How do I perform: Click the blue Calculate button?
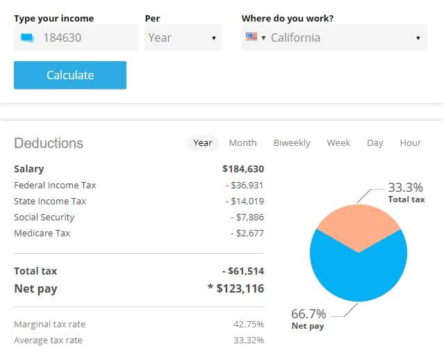pyautogui.click(x=69, y=75)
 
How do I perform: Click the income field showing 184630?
pyautogui.click(x=76, y=38)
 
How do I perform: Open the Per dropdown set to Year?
pyautogui.click(x=183, y=38)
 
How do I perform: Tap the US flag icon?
pyautogui.click(x=252, y=37)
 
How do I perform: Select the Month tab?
pyautogui.click(x=242, y=142)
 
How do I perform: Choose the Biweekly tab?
pyautogui.click(x=292, y=142)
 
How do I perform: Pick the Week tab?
pyautogui.click(x=338, y=142)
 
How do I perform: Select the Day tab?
pyautogui.click(x=375, y=142)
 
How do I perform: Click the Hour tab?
pyautogui.click(x=410, y=142)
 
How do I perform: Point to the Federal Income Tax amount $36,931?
pyautogui.click(x=245, y=185)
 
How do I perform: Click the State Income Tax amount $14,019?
pyautogui.click(x=245, y=201)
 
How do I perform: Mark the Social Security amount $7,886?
pyautogui.click(x=247, y=217)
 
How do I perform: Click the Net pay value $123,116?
pyautogui.click(x=239, y=288)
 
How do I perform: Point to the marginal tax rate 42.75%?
pyautogui.click(x=249, y=324)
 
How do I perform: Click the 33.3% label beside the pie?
pyautogui.click(x=406, y=188)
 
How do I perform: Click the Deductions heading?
pyautogui.click(x=49, y=143)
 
